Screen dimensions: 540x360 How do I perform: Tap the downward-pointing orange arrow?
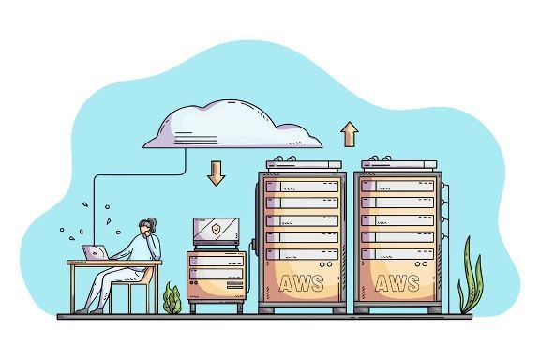click(x=217, y=172)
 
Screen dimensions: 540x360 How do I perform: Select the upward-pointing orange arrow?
click(x=350, y=134)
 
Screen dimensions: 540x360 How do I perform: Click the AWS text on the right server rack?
click(x=398, y=282)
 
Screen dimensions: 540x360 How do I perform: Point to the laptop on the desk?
click(x=96, y=252)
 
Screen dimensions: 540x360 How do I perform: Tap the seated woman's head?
click(x=146, y=230)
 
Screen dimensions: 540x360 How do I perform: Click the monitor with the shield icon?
click(x=216, y=231)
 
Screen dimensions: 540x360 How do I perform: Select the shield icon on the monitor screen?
click(x=216, y=229)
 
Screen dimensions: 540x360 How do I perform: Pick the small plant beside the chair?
click(x=172, y=300)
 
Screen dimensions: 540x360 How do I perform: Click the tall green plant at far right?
click(x=471, y=277)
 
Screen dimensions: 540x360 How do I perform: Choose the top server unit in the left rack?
click(x=301, y=185)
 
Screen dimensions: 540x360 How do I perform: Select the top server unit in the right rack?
click(x=398, y=185)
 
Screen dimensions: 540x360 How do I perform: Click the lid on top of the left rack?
click(x=302, y=164)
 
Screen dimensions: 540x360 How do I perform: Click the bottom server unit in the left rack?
click(x=301, y=253)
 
